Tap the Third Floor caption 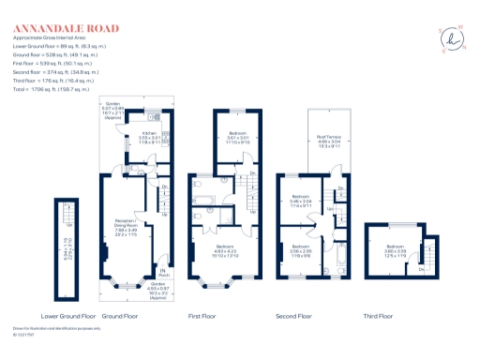coord(379,316)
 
